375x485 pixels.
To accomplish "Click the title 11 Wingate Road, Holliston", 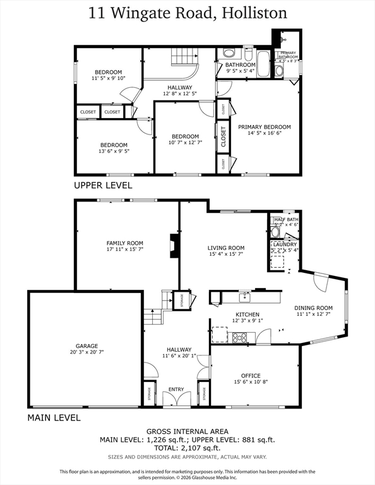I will (x=187, y=13).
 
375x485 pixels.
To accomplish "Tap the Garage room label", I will (x=87, y=346).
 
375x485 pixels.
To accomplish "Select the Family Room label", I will (x=124, y=243).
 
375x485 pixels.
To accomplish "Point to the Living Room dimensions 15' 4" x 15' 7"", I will (x=226, y=254).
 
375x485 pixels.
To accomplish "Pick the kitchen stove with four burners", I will (x=240, y=337).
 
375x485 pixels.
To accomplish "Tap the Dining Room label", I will (x=313, y=308).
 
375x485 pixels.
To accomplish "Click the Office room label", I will (x=251, y=376).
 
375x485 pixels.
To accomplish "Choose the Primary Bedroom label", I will (x=265, y=127).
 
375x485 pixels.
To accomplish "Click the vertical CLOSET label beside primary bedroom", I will (x=223, y=137).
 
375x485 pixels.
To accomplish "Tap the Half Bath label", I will (x=285, y=219).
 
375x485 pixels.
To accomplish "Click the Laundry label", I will (x=285, y=244).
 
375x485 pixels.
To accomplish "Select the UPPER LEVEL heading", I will (x=103, y=186).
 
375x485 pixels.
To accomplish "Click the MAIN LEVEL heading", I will (x=54, y=418).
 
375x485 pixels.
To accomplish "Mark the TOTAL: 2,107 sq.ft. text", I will (x=187, y=448).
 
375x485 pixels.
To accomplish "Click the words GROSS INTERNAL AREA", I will (x=187, y=431).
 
